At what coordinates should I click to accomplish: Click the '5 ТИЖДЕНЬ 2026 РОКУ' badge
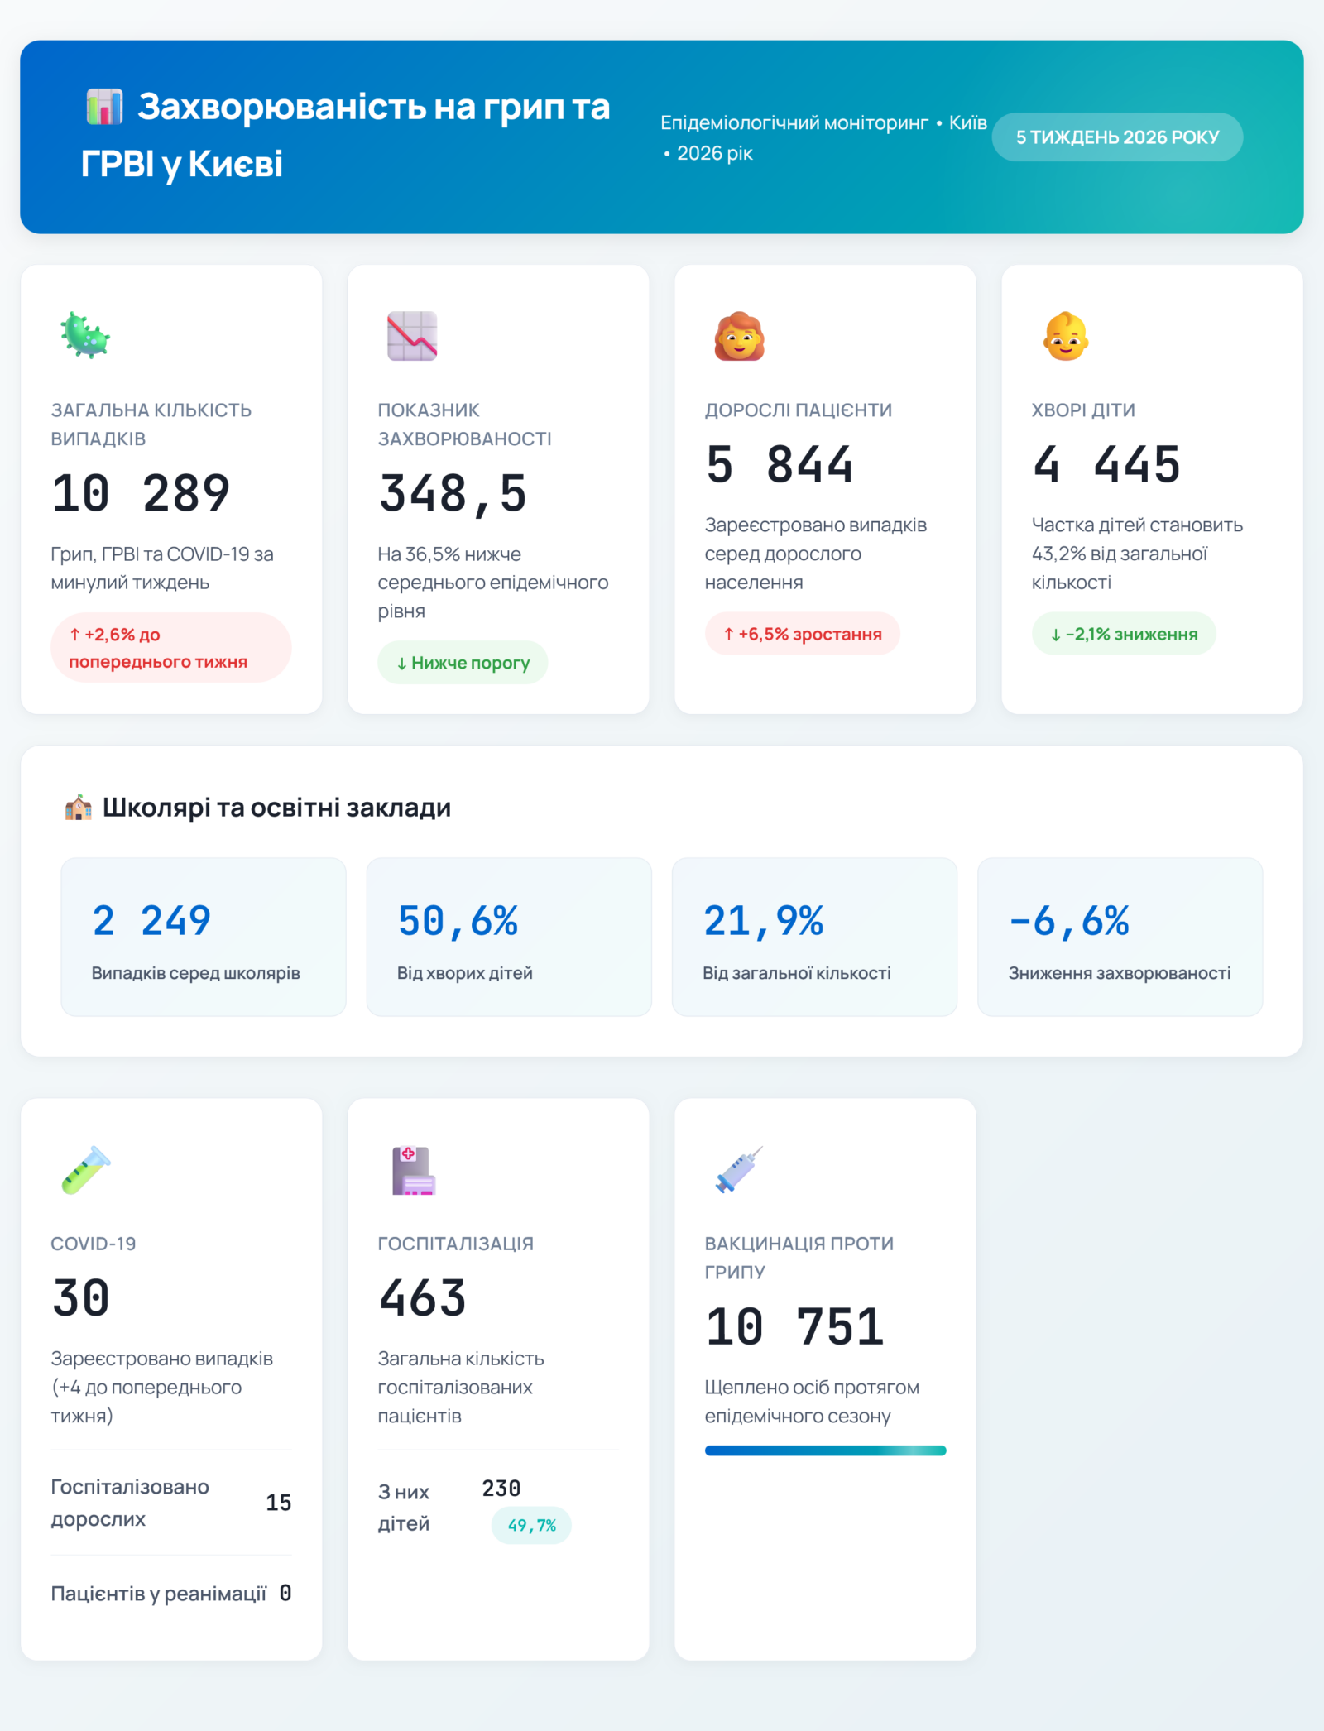tap(1116, 137)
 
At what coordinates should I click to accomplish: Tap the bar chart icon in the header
tap(105, 107)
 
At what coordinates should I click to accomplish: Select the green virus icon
tap(84, 336)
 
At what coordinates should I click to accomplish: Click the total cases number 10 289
tap(141, 493)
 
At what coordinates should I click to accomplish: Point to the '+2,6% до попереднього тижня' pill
tap(170, 648)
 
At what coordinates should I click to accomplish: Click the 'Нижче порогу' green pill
tap(463, 663)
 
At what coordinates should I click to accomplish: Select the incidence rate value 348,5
tap(453, 493)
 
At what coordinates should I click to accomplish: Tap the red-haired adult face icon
tap(739, 336)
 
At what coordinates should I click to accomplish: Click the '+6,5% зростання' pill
tap(802, 634)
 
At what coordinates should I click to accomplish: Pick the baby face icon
tap(1066, 336)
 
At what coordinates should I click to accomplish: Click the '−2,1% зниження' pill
tap(1123, 634)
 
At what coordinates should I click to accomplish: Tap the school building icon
tap(79, 808)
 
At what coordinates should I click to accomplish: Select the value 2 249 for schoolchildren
tap(151, 921)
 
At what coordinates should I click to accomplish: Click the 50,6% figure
tap(458, 921)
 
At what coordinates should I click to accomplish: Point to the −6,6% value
tap(1069, 921)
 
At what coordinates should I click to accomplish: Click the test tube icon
tap(85, 1170)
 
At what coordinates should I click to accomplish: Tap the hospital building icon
tap(413, 1170)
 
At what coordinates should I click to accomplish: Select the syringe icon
tap(739, 1170)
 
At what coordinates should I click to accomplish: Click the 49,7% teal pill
tap(531, 1525)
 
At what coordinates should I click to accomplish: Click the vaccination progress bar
tap(825, 1450)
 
